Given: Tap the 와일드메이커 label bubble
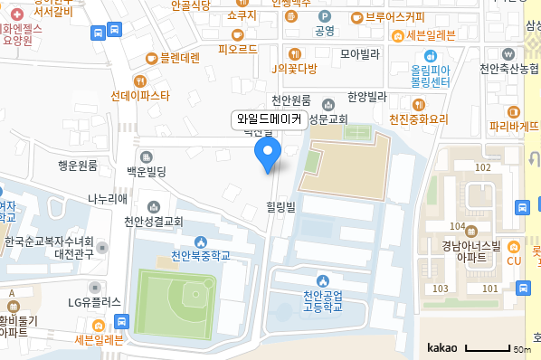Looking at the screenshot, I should point(269,118).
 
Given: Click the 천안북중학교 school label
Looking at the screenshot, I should point(201,256).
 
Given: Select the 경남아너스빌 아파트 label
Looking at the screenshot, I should point(470,251).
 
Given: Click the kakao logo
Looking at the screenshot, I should point(442,346).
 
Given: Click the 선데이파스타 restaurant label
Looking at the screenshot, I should point(140,95).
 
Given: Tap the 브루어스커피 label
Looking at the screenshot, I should point(394,16).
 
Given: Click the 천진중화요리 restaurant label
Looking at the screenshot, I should point(419,118).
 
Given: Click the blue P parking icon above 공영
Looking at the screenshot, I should point(324,16).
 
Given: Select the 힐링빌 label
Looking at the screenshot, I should point(280,206).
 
